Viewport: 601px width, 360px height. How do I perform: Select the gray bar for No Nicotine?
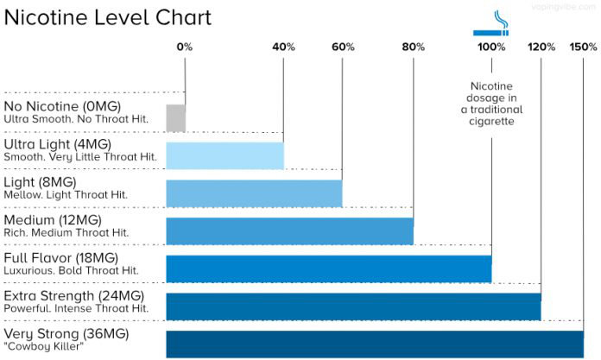coord(175,117)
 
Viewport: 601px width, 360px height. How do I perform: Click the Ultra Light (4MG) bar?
coord(225,155)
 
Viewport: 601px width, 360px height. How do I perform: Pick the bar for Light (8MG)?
coord(254,193)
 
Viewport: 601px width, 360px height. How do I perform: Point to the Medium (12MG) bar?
coord(289,231)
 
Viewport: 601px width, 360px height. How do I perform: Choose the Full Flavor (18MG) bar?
coord(328,268)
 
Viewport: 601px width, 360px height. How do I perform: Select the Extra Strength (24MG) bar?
coord(353,306)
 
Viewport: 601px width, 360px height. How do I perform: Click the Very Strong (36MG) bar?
coord(375,344)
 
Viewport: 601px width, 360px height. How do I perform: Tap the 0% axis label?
coord(185,47)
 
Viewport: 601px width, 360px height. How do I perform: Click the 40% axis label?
coord(284,47)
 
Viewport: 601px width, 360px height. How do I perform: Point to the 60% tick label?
coord(343,47)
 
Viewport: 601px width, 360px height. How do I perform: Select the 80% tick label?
coord(414,47)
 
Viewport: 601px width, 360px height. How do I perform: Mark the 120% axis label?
coord(541,47)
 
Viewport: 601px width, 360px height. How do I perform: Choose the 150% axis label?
coord(583,47)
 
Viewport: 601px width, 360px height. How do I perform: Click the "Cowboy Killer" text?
coord(44,346)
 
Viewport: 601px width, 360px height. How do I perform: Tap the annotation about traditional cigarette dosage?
coord(491,104)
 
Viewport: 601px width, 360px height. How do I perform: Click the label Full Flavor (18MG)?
coord(60,258)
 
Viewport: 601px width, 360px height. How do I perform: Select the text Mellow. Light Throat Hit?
coord(66,195)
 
